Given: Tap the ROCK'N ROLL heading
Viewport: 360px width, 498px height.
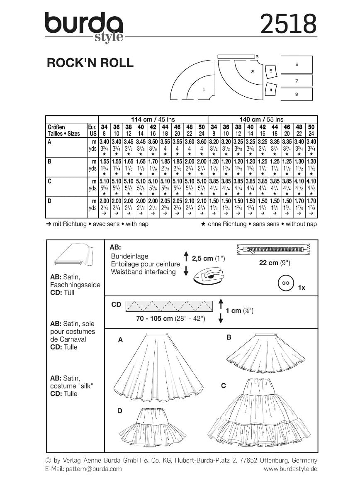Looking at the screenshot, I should [90, 63].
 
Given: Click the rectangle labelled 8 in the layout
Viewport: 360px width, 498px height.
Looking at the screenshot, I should [297, 94].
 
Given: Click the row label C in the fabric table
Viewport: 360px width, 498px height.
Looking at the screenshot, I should [49, 181].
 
